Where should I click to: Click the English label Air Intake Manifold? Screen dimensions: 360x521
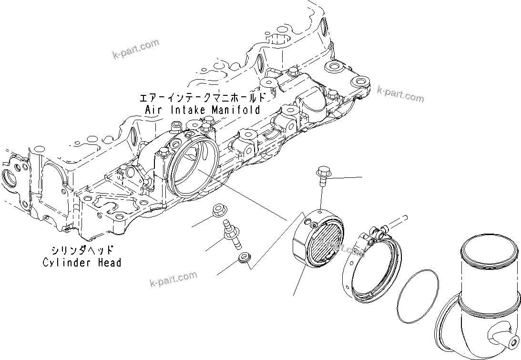203,110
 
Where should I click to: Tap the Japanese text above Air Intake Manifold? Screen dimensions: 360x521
202,98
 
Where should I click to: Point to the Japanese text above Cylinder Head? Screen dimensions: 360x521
82,250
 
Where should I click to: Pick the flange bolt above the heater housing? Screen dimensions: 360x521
322,175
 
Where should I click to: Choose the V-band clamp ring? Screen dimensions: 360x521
371,267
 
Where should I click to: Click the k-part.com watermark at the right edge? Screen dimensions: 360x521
400,94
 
